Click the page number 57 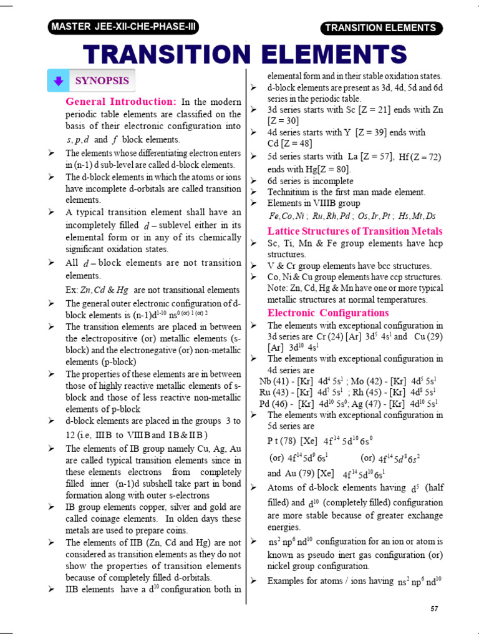click(436, 608)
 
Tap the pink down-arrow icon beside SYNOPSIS click(58, 81)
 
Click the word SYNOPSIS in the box click(102, 80)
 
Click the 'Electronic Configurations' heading click(328, 313)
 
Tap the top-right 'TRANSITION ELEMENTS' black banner click(380, 28)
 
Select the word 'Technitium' click(289, 192)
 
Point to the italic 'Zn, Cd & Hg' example click(105, 290)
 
